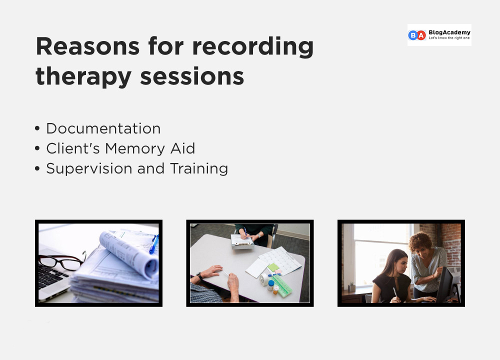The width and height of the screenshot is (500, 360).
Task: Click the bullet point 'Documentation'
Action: point(103,128)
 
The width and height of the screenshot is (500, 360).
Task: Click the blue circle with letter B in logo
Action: point(413,35)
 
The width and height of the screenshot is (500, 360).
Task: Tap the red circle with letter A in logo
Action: point(421,35)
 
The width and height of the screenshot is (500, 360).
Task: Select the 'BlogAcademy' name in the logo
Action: point(449,32)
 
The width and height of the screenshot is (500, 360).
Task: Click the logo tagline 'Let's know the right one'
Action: point(449,38)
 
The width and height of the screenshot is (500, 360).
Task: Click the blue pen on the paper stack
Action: point(153,244)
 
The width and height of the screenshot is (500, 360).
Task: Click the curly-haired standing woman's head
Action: point(421,242)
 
